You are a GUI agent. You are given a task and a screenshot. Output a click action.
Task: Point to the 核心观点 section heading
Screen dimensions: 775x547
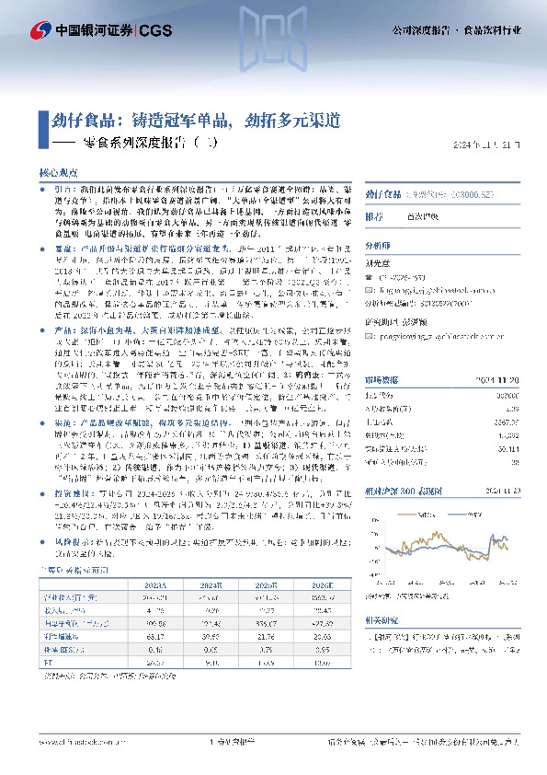(x=59, y=172)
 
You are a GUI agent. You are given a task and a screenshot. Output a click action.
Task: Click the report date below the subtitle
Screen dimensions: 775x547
(x=493, y=145)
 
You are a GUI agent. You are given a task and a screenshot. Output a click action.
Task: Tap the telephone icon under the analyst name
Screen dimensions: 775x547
(x=370, y=274)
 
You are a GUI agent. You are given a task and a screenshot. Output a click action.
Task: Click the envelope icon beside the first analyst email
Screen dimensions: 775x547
(x=370, y=286)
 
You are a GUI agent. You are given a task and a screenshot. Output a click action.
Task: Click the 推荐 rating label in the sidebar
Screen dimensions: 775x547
(x=375, y=217)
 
